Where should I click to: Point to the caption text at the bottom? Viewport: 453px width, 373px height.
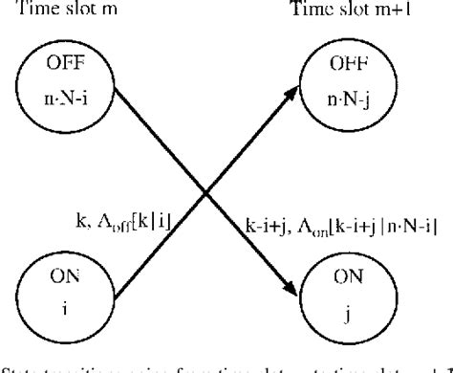226,366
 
